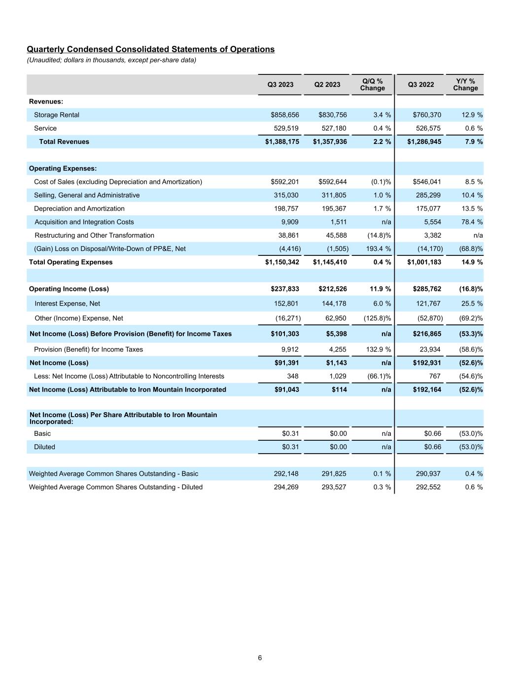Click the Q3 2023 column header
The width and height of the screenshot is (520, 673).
pyautogui.click(x=280, y=85)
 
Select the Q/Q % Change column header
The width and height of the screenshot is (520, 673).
pyautogui.click(x=372, y=85)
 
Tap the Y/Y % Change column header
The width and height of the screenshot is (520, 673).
pyautogui.click(x=465, y=85)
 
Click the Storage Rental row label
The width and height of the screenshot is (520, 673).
pyautogui.click(x=56, y=115)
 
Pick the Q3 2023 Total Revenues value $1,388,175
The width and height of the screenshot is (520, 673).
pyautogui.click(x=282, y=142)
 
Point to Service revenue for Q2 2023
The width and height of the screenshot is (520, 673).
pyautogui.click(x=333, y=128)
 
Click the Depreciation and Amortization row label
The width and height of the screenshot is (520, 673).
pyautogui.click(x=79, y=209)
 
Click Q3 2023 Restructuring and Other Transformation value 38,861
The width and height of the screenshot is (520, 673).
pyautogui.click(x=288, y=235)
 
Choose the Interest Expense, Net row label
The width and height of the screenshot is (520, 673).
pyautogui.click(x=67, y=304)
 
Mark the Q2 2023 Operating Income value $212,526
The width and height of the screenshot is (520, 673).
pyautogui.click(x=330, y=289)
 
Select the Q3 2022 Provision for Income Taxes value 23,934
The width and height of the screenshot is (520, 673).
pyautogui.click(x=428, y=350)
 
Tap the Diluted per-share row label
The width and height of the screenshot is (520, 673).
pyautogui.click(x=44, y=447)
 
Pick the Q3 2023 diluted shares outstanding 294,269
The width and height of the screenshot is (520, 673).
pyautogui.click(x=286, y=487)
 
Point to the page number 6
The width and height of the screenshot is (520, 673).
pyautogui.click(x=260, y=658)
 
